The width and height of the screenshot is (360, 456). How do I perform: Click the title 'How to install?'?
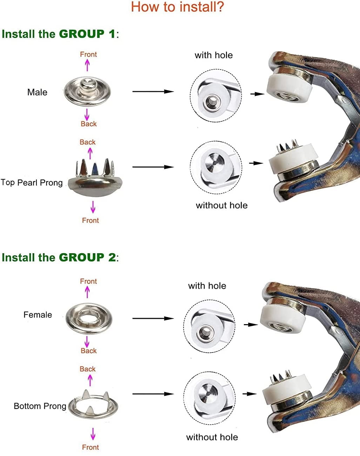pos(177,7)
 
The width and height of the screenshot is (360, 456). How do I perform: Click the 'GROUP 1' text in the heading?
pos(87,34)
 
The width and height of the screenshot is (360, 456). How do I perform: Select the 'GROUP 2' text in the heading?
pos(87,257)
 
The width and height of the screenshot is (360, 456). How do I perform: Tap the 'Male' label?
pos(37,92)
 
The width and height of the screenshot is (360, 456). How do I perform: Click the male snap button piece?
pos(87,91)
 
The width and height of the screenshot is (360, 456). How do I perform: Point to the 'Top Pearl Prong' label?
pos(32,182)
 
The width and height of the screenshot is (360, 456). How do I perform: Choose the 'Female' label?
pos(38,315)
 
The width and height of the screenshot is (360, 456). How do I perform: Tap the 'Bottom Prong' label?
pos(40,406)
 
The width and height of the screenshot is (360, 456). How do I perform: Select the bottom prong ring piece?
pos(93,405)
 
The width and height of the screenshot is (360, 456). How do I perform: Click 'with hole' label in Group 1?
pos(214,55)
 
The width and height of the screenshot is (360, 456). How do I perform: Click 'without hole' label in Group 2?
pos(212,437)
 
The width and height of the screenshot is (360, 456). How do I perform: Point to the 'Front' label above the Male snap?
pos(88,54)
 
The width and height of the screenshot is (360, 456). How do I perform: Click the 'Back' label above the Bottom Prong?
pos(88,369)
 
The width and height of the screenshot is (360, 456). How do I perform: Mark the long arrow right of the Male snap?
pos(153,92)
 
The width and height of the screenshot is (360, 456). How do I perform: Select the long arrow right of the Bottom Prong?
pos(153,394)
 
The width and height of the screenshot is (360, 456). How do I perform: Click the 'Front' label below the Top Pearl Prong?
pos(91,220)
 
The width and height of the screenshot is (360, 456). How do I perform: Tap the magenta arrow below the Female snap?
pos(87,342)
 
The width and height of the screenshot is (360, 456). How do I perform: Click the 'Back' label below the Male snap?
pos(88,124)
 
